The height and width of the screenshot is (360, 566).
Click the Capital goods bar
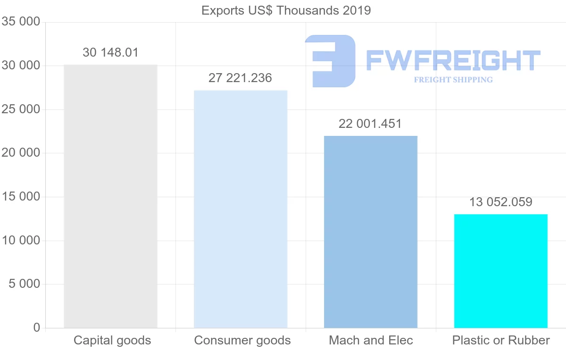click(x=110, y=196)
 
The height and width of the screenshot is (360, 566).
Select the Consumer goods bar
click(x=241, y=209)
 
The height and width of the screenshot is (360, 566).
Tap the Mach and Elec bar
click(x=371, y=232)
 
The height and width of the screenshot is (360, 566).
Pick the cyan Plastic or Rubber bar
click(x=501, y=271)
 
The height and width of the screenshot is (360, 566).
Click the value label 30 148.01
click(x=110, y=52)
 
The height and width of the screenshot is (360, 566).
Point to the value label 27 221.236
click(x=240, y=78)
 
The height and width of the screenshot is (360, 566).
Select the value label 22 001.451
click(x=370, y=124)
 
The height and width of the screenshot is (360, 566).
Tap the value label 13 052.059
click(x=500, y=202)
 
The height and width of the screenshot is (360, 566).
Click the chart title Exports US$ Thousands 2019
click(x=286, y=10)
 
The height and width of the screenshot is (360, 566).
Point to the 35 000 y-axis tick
click(x=20, y=22)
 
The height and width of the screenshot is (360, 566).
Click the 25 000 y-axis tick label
click(x=20, y=109)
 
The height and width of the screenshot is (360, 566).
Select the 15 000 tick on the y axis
click(x=20, y=197)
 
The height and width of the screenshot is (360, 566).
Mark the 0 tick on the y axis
click(x=37, y=328)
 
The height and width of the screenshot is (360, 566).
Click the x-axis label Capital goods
click(x=112, y=340)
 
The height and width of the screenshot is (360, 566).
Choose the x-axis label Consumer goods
click(x=242, y=340)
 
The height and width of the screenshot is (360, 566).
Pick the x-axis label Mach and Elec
click(x=371, y=340)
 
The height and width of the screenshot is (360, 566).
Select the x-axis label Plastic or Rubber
click(x=501, y=340)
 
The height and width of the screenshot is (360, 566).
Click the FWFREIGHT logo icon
click(x=330, y=60)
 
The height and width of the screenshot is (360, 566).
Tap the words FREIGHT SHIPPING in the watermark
click(x=453, y=80)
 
